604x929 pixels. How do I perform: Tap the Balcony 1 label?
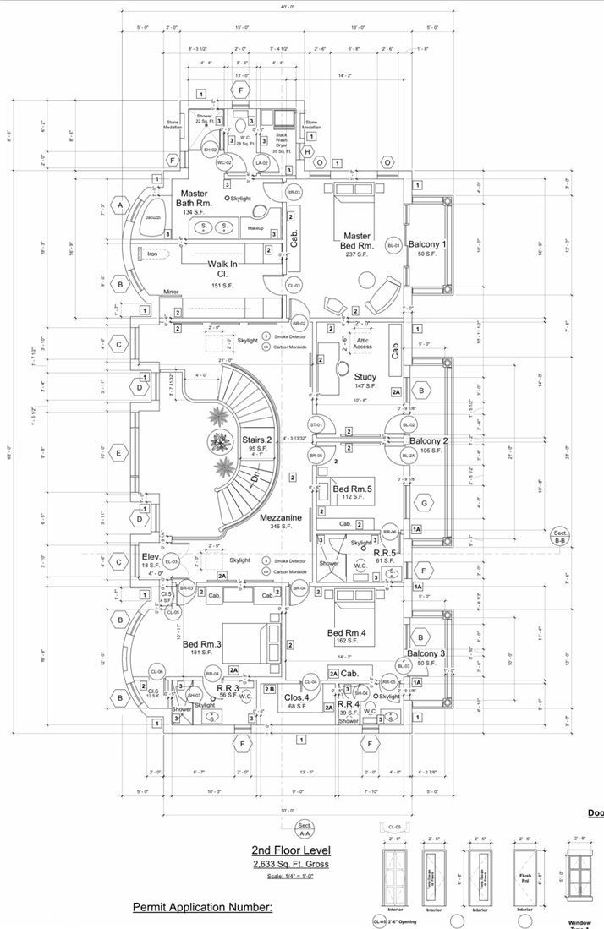pyautogui.click(x=426, y=244)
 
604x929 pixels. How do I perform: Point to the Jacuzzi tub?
pyautogui.click(x=152, y=217)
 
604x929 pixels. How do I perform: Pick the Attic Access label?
pyautogui.click(x=362, y=343)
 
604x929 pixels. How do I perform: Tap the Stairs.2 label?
pyautogui.click(x=256, y=440)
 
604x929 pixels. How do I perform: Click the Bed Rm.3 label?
pyautogui.click(x=201, y=645)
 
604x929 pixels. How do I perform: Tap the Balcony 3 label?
pyautogui.click(x=426, y=653)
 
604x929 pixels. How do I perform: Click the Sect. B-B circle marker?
pyautogui.click(x=559, y=535)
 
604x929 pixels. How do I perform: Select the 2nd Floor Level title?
pyautogui.click(x=290, y=850)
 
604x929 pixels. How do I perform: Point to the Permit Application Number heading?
pyautogui.click(x=202, y=907)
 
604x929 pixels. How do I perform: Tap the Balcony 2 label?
pyautogui.click(x=428, y=441)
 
